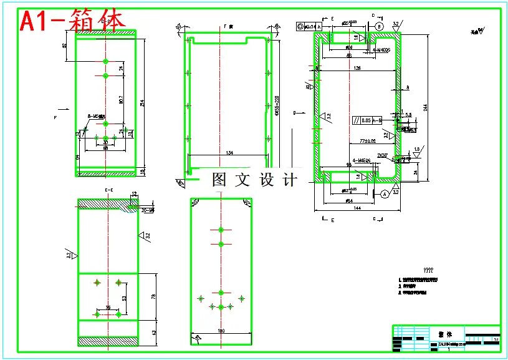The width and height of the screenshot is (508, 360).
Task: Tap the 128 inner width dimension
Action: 357,68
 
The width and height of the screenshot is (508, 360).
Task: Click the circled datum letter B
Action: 378,26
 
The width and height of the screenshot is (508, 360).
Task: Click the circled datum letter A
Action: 385,194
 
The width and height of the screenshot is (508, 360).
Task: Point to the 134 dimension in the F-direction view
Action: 229,152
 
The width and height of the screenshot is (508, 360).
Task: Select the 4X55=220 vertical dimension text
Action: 277,104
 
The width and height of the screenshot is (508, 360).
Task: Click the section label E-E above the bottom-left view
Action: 108,189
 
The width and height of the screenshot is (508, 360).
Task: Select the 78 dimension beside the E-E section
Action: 153,296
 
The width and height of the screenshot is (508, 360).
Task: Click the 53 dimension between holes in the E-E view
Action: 124,299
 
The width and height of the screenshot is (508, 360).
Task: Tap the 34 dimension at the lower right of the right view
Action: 416,172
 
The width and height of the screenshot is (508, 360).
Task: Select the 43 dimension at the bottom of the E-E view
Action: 153,332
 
